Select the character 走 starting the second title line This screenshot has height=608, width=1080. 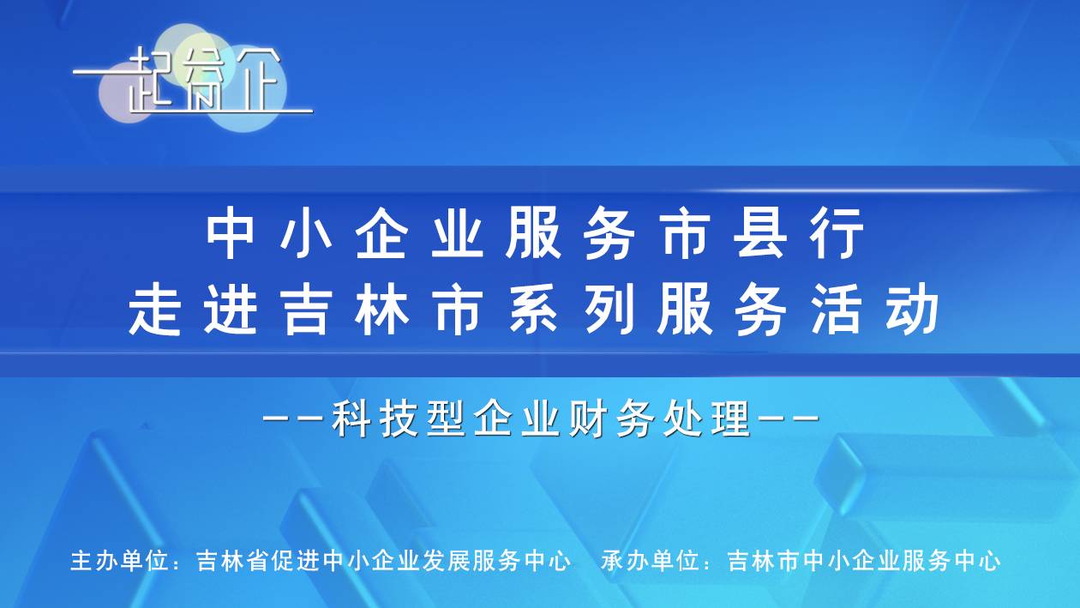point(155,310)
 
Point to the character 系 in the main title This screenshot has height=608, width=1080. point(534,310)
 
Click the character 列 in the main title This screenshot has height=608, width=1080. point(609,310)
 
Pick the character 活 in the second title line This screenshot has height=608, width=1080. point(836,310)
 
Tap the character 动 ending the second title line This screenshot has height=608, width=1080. point(912,310)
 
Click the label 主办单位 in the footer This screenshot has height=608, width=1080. point(118,561)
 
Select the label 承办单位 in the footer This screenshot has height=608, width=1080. point(650,561)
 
